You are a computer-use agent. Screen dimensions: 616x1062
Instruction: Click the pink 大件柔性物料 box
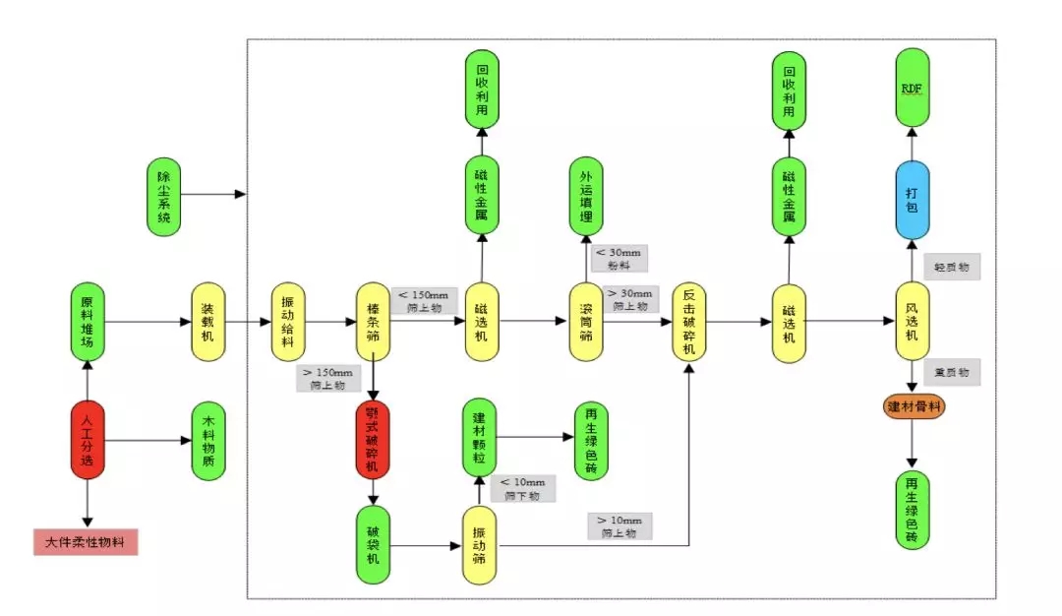click(86, 541)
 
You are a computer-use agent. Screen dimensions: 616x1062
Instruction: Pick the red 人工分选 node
click(88, 439)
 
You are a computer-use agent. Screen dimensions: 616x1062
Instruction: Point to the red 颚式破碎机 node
click(374, 439)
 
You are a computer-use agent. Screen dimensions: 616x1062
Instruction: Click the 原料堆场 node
click(88, 321)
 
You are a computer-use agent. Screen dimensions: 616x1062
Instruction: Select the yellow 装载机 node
click(207, 321)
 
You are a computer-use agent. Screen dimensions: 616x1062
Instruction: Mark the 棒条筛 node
click(374, 321)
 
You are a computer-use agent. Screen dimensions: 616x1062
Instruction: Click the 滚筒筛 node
click(586, 321)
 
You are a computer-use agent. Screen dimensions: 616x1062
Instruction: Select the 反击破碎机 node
click(689, 321)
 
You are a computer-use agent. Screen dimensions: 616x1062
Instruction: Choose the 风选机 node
click(912, 321)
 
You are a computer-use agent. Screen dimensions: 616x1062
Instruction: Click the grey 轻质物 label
click(952, 267)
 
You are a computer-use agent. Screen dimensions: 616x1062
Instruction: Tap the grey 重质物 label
click(952, 373)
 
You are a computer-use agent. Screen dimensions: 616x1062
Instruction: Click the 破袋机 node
click(374, 546)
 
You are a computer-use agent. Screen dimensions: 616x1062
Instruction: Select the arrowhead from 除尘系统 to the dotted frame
click(241, 195)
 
